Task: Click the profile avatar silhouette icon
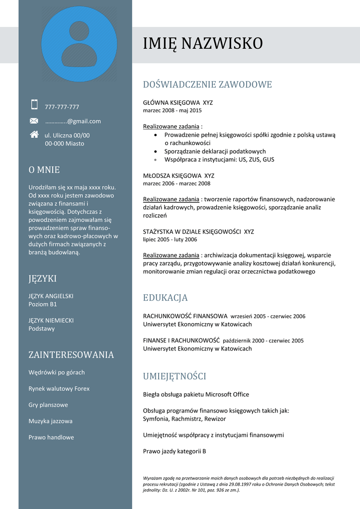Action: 79,44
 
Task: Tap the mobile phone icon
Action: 34,104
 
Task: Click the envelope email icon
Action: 34,121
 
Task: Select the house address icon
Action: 34,134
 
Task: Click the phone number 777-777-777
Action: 62,107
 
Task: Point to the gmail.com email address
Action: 73,121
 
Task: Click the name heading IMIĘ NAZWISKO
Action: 202,44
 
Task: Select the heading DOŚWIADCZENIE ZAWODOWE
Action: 207,85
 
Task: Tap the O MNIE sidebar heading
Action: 44,170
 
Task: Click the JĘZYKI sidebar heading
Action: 42,279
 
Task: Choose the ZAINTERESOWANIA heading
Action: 71,355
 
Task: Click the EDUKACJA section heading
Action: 165,298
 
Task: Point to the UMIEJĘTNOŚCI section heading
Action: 174,376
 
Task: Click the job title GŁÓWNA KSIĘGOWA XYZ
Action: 178,103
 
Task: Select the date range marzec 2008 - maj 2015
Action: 172,110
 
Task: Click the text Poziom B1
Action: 42,304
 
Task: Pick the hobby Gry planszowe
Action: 48,405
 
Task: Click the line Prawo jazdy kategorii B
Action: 174,451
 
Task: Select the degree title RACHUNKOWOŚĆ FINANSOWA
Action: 185,316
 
